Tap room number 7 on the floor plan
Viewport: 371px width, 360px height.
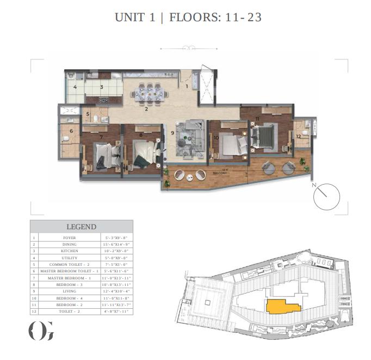(x=101, y=137)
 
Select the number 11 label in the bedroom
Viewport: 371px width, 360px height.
(x=257, y=118)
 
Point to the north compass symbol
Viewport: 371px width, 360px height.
(x=326, y=196)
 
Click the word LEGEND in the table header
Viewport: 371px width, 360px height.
(x=81, y=227)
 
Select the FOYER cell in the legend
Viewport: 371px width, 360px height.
(x=69, y=238)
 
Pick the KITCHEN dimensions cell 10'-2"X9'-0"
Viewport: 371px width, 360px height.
(x=118, y=251)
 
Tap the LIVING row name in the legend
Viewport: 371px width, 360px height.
(x=69, y=291)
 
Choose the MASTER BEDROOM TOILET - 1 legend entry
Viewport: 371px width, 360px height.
(x=69, y=271)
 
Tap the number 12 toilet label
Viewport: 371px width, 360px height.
(x=298, y=136)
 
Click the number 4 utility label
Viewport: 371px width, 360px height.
(x=75, y=87)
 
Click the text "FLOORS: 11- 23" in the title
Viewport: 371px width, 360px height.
(x=215, y=17)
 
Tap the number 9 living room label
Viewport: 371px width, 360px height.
(x=172, y=132)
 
